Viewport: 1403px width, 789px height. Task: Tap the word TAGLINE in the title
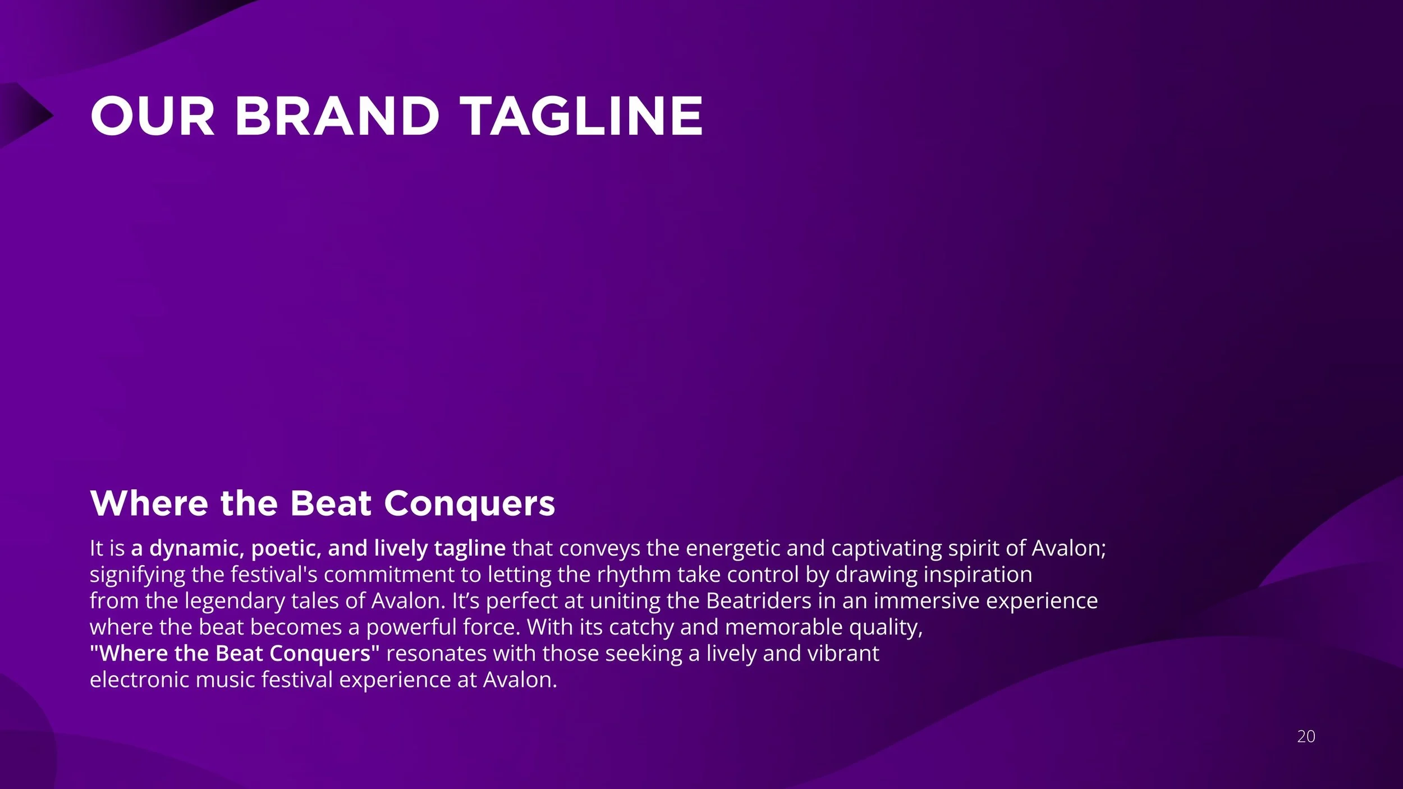coord(581,116)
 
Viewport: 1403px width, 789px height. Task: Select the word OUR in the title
coord(152,116)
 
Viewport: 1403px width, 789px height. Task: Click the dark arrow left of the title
coord(25,115)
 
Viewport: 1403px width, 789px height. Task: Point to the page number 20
coord(1305,736)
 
